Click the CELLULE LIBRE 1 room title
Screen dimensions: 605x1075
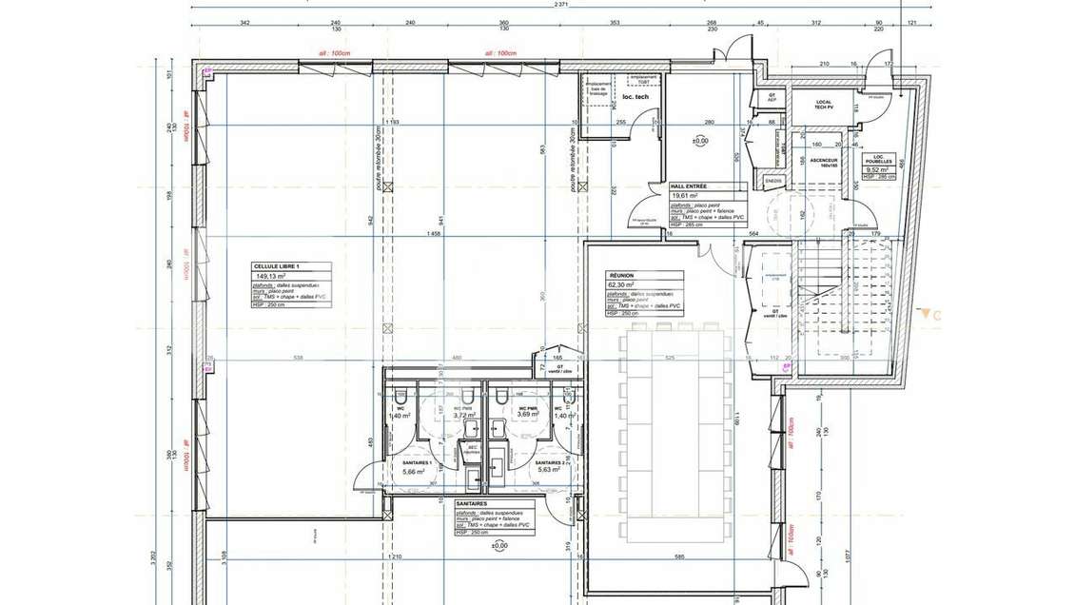pyautogui.click(x=276, y=267)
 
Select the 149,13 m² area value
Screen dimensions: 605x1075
pyautogui.click(x=270, y=277)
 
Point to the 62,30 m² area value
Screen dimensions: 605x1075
pyautogui.click(x=624, y=284)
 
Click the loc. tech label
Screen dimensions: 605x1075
pyautogui.click(x=635, y=97)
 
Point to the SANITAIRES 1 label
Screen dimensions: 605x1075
pyautogui.click(x=418, y=462)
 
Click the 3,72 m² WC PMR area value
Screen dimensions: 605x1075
pyautogui.click(x=464, y=416)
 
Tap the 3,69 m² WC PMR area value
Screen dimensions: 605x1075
pyautogui.click(x=528, y=415)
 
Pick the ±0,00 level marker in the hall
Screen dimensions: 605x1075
pyautogui.click(x=699, y=141)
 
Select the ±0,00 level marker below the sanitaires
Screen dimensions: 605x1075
pyautogui.click(x=498, y=546)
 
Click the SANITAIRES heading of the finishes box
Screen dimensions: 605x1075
pyautogui.click(x=472, y=504)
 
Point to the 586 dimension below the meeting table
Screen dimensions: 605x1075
pyautogui.click(x=680, y=556)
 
